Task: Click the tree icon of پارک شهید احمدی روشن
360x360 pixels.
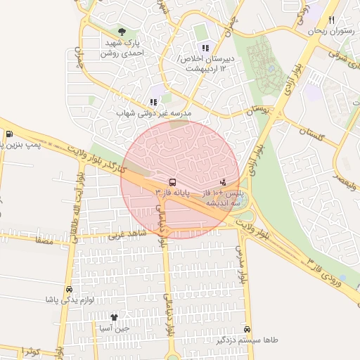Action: (123, 32)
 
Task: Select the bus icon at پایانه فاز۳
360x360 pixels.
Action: (172, 182)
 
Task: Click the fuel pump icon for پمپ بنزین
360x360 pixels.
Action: (8, 134)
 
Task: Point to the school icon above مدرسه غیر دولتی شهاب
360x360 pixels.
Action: (153, 102)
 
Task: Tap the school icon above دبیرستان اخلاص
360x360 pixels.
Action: (205, 48)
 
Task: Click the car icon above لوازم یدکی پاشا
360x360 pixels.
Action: (69, 289)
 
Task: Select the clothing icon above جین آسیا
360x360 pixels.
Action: (114, 317)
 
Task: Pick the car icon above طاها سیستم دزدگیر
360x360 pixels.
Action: (247, 329)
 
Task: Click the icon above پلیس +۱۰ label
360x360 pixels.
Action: (224, 182)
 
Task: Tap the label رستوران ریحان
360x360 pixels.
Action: (332, 32)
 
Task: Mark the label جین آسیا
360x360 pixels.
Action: (114, 328)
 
